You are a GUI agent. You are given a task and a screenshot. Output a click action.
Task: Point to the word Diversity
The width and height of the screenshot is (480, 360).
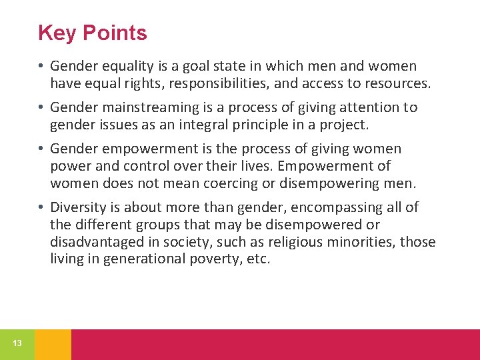pos(77,207)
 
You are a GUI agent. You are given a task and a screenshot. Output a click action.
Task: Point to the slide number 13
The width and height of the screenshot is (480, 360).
pos(17,343)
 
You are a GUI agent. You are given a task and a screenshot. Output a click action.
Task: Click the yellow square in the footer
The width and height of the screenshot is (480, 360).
pos(53,344)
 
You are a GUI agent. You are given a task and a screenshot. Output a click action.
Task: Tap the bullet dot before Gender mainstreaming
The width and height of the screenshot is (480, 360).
pos(41,108)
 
